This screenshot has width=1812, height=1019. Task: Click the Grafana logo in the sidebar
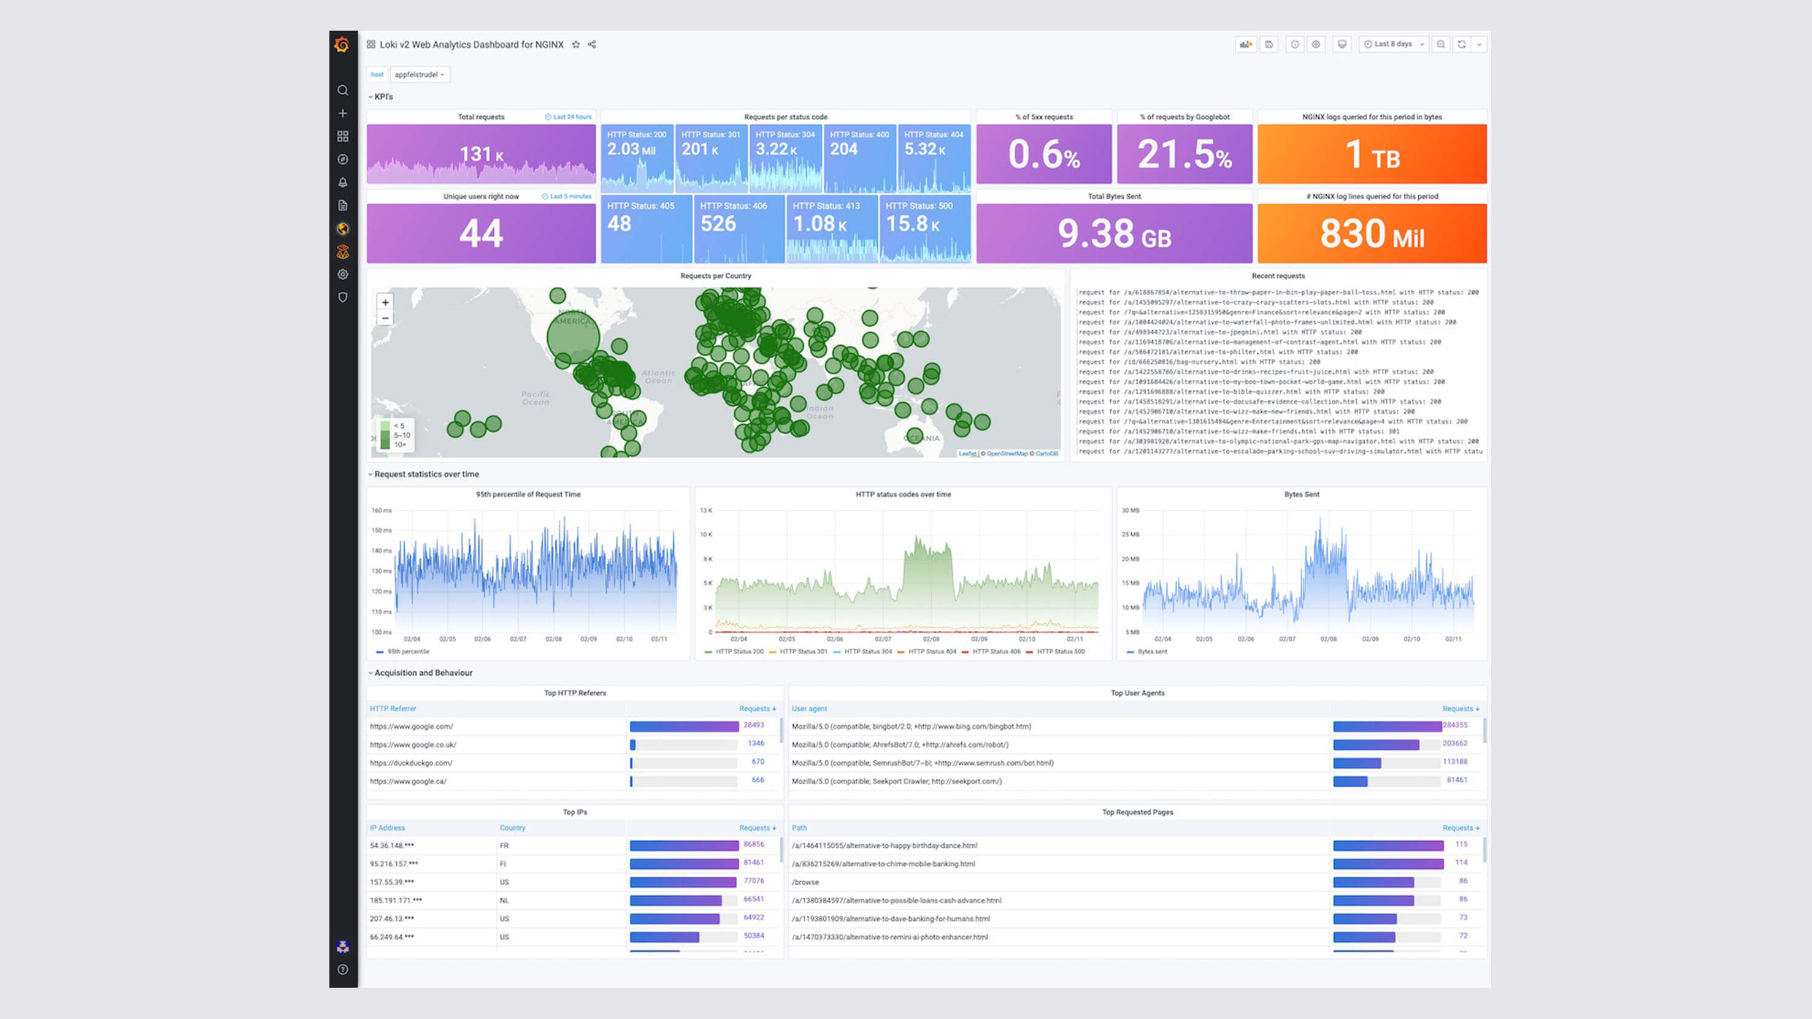342,45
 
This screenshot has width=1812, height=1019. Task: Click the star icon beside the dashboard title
575,44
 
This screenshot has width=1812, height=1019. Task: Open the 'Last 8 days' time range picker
1394,44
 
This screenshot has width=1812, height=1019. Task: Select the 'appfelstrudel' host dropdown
419,75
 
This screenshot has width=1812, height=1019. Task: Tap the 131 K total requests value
481,154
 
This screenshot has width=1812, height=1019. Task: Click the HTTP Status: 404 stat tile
934,158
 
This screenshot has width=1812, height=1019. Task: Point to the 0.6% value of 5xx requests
1044,154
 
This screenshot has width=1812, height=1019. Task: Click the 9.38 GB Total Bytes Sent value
1114,234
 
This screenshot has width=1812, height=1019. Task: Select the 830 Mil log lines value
1372,234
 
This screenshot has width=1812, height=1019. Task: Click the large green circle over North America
574,336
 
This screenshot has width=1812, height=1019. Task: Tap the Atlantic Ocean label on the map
658,377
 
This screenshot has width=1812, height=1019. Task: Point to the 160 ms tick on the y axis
382,511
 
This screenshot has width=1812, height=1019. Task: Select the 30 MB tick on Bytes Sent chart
1131,511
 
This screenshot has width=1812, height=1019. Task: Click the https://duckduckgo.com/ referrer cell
412,763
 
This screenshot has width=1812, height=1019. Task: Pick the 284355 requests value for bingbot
1454,725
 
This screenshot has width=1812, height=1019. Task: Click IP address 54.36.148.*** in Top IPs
392,846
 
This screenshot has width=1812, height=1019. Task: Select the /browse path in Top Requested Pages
805,882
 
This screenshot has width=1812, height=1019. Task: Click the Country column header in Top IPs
512,828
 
